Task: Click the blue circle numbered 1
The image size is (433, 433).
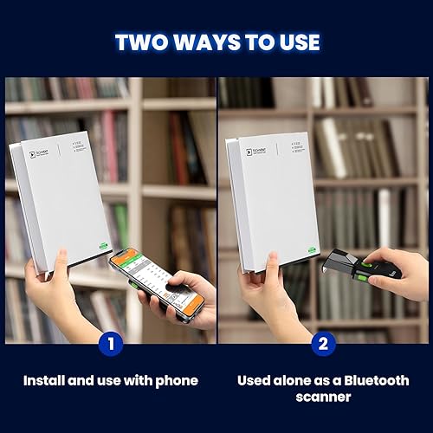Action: (109, 344)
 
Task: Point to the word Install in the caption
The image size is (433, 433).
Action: (44, 379)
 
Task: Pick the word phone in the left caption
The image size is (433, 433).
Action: (178, 379)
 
